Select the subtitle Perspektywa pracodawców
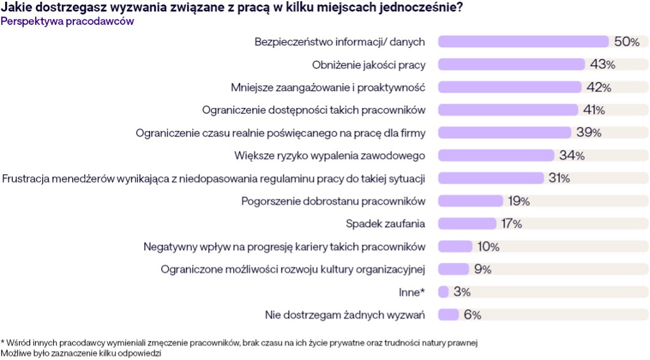(x=67, y=21)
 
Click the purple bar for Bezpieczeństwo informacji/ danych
(x=523, y=42)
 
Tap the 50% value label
(x=626, y=42)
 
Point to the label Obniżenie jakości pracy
(x=368, y=64)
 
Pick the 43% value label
(x=602, y=64)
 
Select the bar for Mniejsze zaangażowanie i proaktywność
(x=510, y=87)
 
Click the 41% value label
(x=594, y=110)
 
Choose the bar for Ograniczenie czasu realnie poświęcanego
(x=504, y=133)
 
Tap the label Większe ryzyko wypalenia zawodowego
(x=329, y=155)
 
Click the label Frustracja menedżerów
(x=214, y=178)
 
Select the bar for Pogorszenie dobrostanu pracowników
(x=471, y=201)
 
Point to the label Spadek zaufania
(x=386, y=223)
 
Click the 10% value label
(x=487, y=246)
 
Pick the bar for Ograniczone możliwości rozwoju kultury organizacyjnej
(x=453, y=269)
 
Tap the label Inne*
(x=411, y=292)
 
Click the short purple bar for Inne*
(x=443, y=292)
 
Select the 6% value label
(x=472, y=315)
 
